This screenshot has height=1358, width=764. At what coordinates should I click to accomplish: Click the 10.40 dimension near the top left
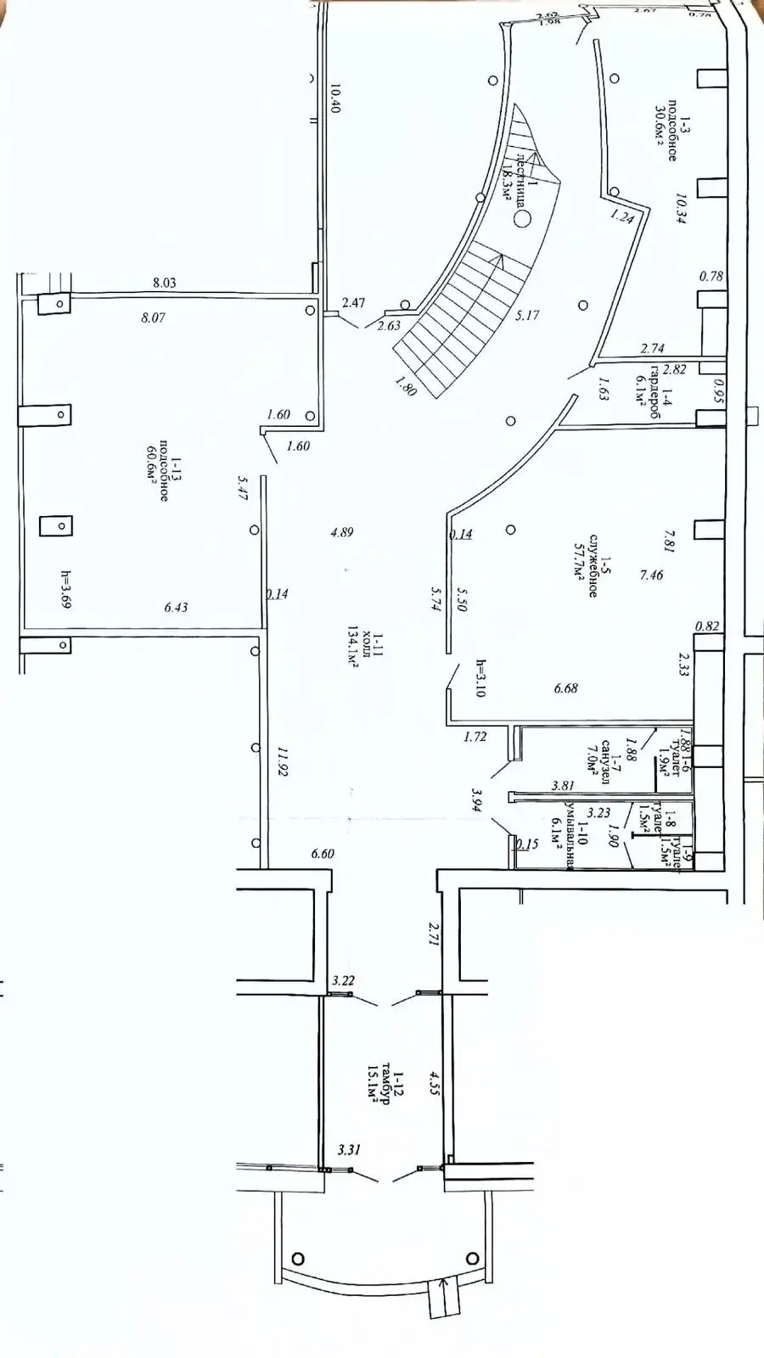334,98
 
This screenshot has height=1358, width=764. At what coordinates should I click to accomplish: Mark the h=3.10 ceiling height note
480,678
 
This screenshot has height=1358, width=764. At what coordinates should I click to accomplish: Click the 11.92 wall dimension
284,760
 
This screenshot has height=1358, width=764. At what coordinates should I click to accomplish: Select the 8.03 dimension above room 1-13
164,283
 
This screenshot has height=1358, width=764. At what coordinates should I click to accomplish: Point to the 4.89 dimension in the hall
342,532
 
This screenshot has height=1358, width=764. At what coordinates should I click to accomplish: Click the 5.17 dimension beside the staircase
527,315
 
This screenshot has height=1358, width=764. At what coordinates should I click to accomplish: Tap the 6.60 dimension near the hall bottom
323,854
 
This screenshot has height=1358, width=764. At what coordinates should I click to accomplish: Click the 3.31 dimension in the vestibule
349,1150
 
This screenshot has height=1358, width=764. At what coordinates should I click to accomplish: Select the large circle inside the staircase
522,219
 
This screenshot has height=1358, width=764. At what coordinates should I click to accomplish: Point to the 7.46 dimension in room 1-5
651,575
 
